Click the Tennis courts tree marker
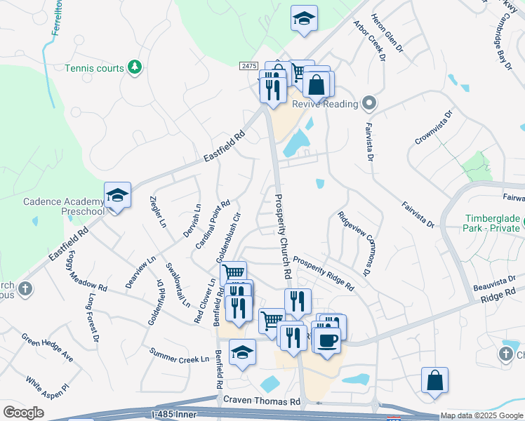pyautogui.click(x=135, y=67)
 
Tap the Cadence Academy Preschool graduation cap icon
pyautogui.click(x=118, y=196)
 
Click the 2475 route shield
pyautogui.click(x=248, y=65)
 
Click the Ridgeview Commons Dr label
pyautogui.click(x=353, y=243)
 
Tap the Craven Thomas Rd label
pyautogui.click(x=262, y=400)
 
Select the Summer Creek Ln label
pyautogui.click(x=180, y=354)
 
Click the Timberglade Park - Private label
pyautogui.click(x=493, y=223)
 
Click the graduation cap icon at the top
pyautogui.click(x=304, y=18)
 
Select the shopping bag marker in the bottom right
pyautogui.click(x=435, y=380)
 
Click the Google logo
pyautogui.click(x=23, y=413)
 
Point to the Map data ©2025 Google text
pyautogui.click(x=482, y=416)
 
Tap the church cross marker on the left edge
pyautogui.click(x=24, y=289)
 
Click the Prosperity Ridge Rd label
pyautogui.click(x=324, y=273)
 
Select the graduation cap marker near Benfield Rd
pyautogui.click(x=243, y=352)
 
